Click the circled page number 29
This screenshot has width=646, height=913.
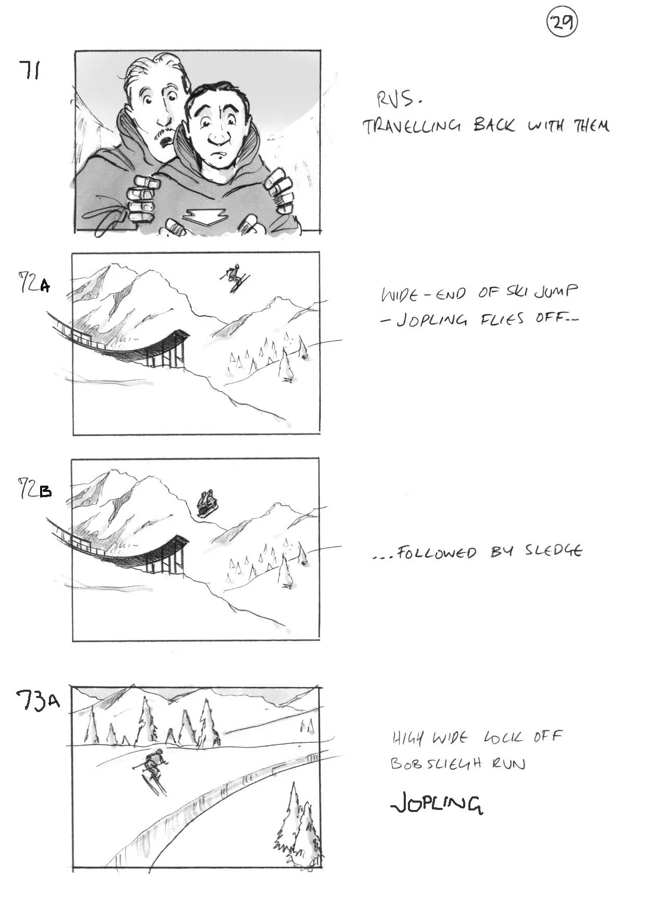click(562, 23)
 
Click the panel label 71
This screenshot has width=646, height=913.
click(30, 70)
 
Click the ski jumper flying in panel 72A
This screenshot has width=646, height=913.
click(234, 277)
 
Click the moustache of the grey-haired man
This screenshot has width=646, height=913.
click(166, 136)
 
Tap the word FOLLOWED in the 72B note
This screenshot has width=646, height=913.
click(437, 552)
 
